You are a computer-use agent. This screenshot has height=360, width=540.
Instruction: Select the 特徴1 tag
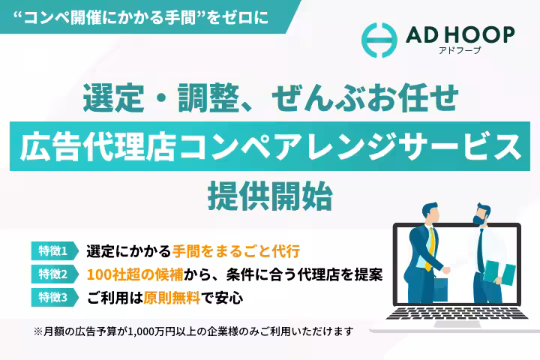[53, 250]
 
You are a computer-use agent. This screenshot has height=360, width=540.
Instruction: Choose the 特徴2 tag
[53, 274]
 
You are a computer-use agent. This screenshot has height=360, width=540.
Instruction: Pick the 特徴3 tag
[53, 297]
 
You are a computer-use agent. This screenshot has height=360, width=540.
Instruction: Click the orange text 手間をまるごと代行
[235, 250]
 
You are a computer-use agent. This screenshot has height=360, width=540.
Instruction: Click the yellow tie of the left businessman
[431, 247]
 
